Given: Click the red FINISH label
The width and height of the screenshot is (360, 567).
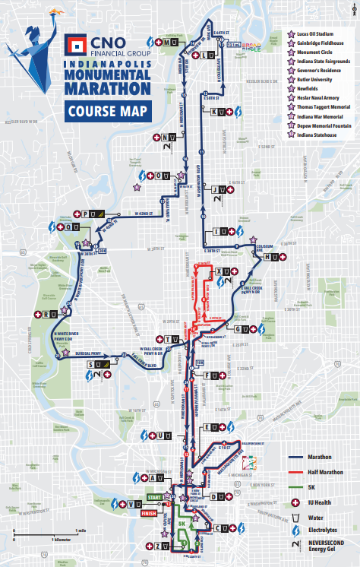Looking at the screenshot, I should click(150, 513).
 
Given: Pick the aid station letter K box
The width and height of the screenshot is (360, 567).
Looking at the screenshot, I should click(223, 112).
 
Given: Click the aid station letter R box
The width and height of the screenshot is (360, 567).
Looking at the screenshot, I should click(52, 314).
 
